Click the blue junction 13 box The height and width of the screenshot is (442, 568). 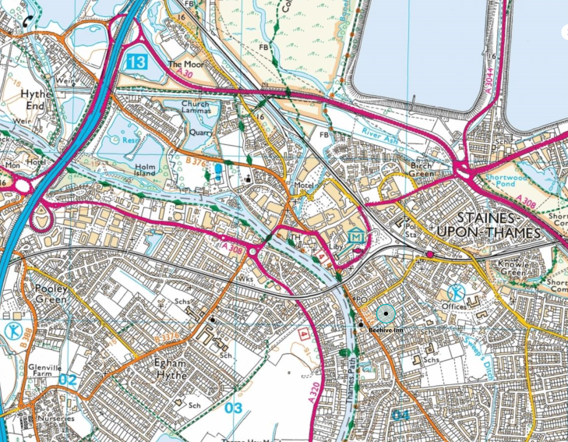tap(137, 62)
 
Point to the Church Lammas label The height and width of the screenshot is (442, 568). tap(195, 108)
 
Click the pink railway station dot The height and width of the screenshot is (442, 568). tap(429, 254)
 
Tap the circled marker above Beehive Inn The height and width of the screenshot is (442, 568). tap(386, 314)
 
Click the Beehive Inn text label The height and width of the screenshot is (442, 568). tap(386, 330)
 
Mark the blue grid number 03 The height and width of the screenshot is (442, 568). tap(234, 408)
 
